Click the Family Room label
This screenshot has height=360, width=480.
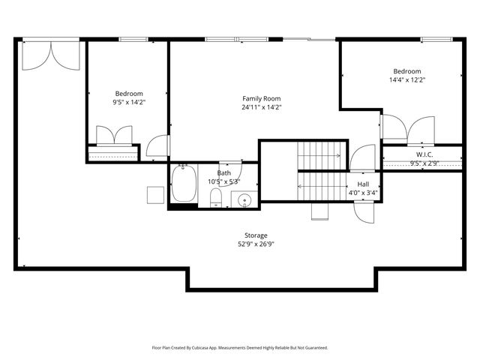tap(261, 98)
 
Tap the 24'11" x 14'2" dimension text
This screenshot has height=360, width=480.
tap(261, 107)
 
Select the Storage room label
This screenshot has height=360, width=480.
tap(256, 235)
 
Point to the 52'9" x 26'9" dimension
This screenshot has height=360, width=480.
tap(256, 244)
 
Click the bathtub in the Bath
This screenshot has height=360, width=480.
tap(184, 184)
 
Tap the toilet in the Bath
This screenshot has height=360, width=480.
tap(216, 197)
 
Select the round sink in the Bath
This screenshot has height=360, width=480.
tap(243, 199)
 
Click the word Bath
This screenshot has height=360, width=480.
tap(224, 173)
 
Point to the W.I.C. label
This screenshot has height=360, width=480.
tap(424, 154)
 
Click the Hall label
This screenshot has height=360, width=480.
tap(363, 184)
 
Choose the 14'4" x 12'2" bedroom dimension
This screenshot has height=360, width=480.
tap(407, 79)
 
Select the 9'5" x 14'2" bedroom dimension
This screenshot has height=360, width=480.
tap(129, 103)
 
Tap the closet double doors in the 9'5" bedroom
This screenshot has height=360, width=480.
tap(114, 136)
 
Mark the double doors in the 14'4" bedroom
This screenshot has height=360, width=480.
tap(407, 128)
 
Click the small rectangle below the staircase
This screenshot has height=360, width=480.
tap(320, 211)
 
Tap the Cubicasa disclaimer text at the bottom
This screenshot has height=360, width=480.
tap(240, 348)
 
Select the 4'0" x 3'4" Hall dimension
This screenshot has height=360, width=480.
tap(363, 193)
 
